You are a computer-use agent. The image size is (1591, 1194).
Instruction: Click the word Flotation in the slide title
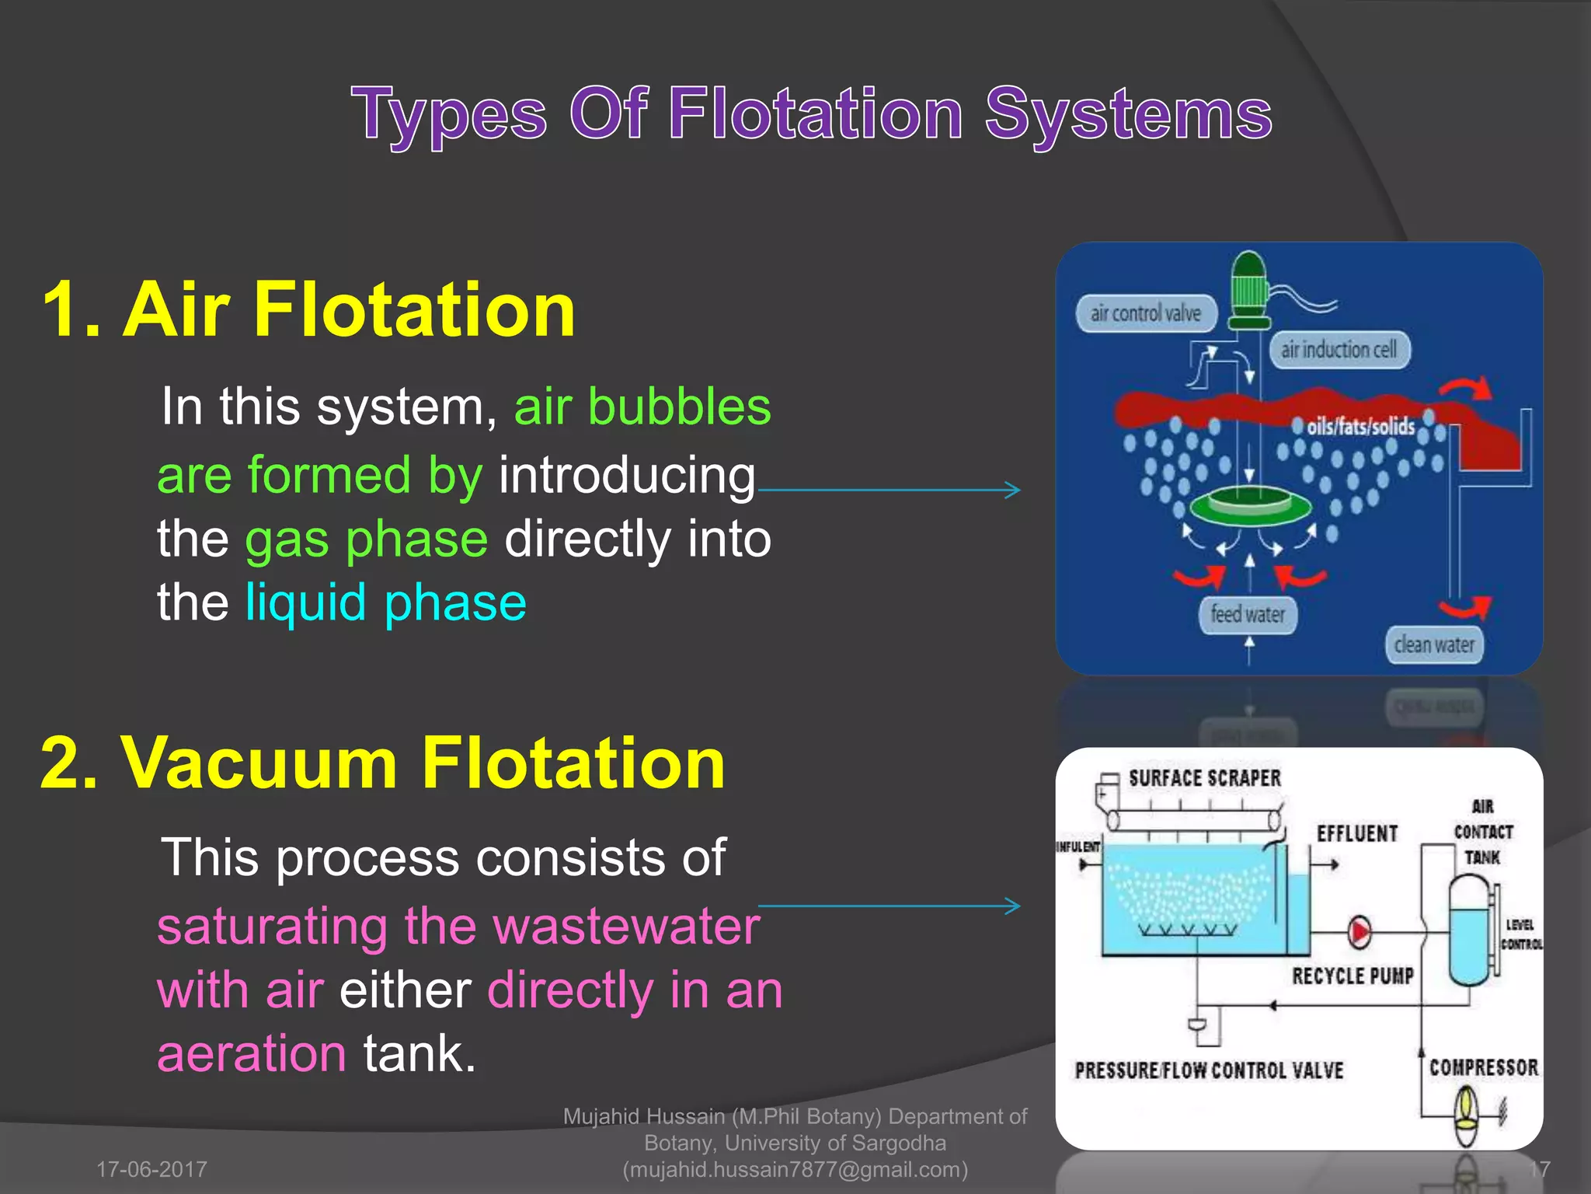[816, 114]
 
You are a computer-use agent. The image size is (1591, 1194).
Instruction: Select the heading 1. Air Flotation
[308, 310]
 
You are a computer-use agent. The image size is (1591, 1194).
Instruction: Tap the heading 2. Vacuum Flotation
[382, 763]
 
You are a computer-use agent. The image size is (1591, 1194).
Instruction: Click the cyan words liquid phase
[386, 602]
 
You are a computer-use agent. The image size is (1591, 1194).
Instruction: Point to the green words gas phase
[367, 539]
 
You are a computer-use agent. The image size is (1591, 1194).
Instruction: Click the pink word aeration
[252, 1053]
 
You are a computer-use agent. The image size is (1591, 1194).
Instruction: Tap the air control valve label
[1145, 313]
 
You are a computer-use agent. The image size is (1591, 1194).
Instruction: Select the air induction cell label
[1339, 350]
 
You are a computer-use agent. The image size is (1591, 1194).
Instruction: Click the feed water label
[1248, 615]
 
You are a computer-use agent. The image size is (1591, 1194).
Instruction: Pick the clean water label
[1434, 645]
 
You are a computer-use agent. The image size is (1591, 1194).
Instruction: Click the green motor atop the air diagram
[1249, 288]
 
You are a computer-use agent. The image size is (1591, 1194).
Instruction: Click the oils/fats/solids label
[1360, 426]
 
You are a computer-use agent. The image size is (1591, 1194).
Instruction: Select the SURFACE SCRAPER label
[1204, 778]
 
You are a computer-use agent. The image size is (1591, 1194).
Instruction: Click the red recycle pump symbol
[1359, 931]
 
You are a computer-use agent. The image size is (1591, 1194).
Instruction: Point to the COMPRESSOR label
[1483, 1067]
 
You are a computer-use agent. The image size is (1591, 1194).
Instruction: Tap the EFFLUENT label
[1357, 833]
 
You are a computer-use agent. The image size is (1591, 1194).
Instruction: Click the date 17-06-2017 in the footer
[151, 1169]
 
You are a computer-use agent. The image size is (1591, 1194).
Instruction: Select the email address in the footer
[795, 1169]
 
